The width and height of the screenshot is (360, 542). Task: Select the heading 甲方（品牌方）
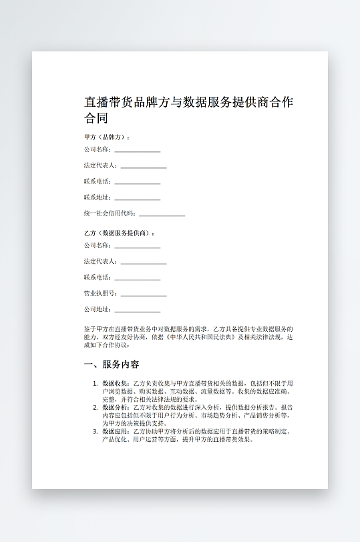coord(107,137)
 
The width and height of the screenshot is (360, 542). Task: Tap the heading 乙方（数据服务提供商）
coord(120,233)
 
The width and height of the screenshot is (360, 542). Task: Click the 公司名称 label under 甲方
coord(98,150)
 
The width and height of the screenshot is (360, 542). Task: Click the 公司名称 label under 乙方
coord(98,246)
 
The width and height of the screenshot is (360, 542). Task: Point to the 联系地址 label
coord(98,198)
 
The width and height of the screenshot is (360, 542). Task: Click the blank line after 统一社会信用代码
coord(162,215)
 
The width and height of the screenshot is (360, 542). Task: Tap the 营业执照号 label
coord(101,294)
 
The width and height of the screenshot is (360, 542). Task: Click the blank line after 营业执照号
coord(143,295)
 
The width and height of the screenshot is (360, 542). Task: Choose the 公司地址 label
coord(98,310)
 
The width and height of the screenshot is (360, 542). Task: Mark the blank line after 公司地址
coord(137,311)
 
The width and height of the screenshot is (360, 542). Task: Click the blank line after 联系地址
coord(137,199)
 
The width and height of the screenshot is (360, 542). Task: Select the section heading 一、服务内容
coord(112,364)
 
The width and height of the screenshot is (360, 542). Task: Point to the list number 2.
coord(95,407)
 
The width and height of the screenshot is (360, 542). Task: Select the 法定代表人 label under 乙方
coord(101,262)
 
